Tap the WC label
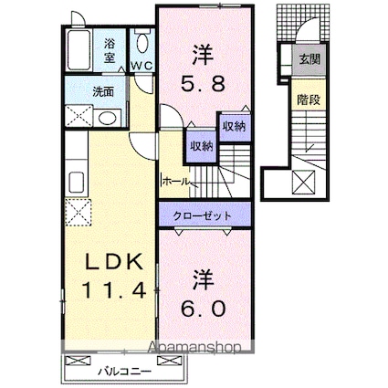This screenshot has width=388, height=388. [142, 66]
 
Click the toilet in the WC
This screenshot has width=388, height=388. [142, 43]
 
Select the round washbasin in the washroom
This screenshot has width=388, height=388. [106, 118]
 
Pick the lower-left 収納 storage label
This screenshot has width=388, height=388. [201, 145]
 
